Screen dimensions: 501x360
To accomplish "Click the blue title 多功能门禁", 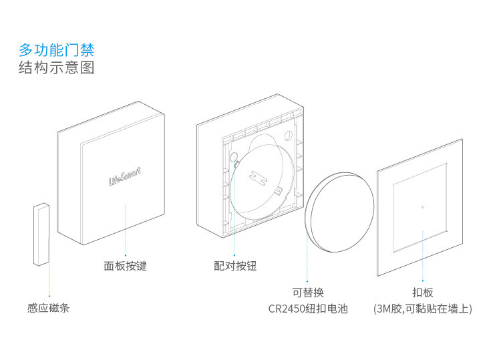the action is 56,49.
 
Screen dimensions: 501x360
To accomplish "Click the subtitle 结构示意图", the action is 56,68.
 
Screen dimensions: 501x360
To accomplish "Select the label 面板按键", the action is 125,266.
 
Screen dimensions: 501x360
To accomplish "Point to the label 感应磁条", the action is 48,309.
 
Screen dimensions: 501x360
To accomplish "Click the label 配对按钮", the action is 235,266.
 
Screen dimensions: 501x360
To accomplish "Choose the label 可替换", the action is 308,293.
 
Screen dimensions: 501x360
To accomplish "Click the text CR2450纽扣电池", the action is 308,309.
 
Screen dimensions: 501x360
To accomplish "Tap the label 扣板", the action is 423,293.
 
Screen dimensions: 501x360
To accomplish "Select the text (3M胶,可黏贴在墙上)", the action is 423,309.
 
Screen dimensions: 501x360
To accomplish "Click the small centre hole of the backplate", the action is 423,206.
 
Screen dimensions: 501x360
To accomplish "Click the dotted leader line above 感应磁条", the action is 49,281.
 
